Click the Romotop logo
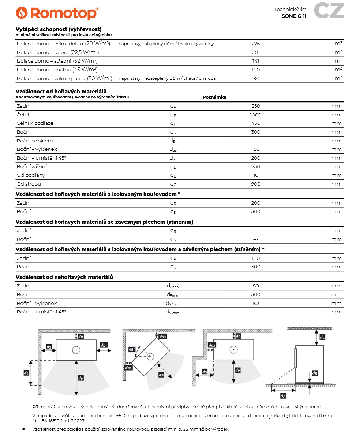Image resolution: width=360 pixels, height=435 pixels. pyautogui.click(x=57, y=13)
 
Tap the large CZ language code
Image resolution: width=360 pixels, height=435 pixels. pyautogui.click(x=329, y=11)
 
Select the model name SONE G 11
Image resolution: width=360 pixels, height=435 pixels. pyautogui.click(x=294, y=16)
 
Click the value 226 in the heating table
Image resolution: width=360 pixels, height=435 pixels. pyautogui.click(x=256, y=44)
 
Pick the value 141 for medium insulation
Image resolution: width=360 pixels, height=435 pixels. pyautogui.click(x=256, y=61)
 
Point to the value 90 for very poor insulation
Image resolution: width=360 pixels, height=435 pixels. pyautogui.click(x=256, y=78)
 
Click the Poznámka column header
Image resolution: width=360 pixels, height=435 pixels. pyautogui.click(x=214, y=97)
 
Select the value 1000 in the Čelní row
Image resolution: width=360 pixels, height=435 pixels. pyautogui.click(x=256, y=115)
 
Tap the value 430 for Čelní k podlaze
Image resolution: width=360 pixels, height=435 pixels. pyautogui.click(x=256, y=123)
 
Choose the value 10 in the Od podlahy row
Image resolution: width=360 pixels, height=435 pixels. pyautogui.click(x=256, y=175)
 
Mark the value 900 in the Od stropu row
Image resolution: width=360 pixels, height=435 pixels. pyautogui.click(x=256, y=184)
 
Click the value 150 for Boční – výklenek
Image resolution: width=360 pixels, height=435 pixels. pyautogui.click(x=256, y=149)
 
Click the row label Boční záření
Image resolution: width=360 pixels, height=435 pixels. pyautogui.click(x=31, y=167)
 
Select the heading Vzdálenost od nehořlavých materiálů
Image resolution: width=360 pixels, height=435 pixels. pyautogui.click(x=64, y=277)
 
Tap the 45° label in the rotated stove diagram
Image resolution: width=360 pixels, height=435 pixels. pyautogui.click(x=132, y=349)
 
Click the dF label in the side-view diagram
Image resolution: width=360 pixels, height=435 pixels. pyautogui.click(x=282, y=396)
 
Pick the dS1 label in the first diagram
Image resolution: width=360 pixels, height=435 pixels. pyautogui.click(x=104, y=345)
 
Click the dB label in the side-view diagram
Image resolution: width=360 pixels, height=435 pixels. pyautogui.click(x=315, y=373)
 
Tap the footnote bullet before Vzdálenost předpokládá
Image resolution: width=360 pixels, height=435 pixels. pyautogui.click(x=23, y=429)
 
